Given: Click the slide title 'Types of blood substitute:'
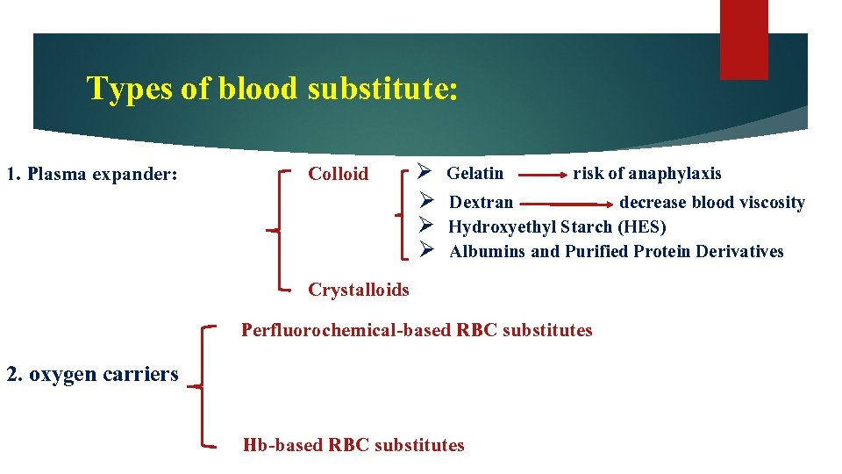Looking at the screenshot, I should coord(272,89).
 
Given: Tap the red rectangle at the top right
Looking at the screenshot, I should coord(743,39).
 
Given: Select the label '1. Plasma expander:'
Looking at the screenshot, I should coord(92,174).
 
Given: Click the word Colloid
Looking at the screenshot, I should coord(339,174).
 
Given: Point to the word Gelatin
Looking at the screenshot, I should coord(475,173).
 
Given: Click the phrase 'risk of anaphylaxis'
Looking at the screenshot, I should coord(647,173).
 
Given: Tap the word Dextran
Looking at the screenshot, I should coord(482,203).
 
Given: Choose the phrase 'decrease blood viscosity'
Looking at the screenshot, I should coord(712,203).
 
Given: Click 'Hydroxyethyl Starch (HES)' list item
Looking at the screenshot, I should coord(557,227).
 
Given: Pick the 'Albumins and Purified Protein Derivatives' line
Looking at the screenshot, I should coord(617,252).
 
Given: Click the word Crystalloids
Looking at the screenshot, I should coord(359,290).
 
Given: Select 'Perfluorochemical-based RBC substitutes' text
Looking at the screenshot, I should coord(417,330).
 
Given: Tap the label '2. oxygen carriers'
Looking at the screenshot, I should coord(92,374).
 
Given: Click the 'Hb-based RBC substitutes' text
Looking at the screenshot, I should coord(353,445).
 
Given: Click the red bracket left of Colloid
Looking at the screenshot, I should coord(280,229).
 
